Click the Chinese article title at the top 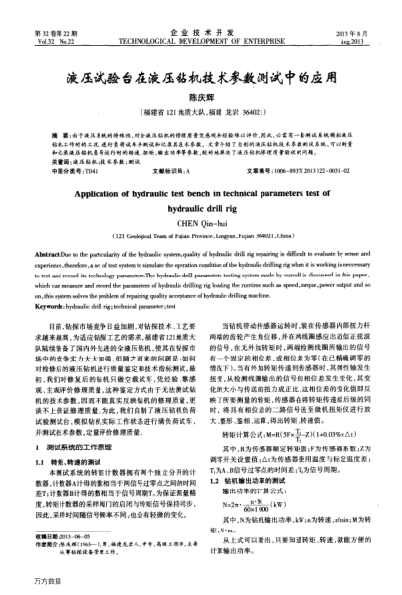click(201, 46)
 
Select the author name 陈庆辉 click(201, 66)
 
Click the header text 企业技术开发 click(201, 7)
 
